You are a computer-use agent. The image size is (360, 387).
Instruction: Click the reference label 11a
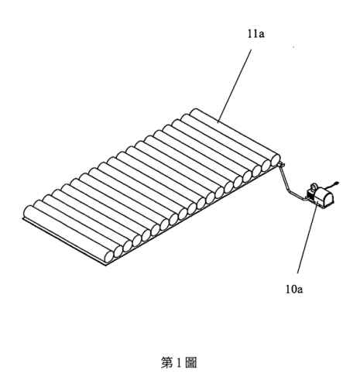pos(256,35)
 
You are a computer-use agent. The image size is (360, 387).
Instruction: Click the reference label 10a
pos(294,289)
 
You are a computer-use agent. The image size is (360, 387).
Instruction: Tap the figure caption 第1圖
pos(179,362)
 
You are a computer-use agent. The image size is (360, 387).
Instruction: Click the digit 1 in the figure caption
pos(179,363)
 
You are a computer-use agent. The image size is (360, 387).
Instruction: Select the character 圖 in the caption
pos(190,362)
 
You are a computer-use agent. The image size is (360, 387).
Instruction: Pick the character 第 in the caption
pos(167,362)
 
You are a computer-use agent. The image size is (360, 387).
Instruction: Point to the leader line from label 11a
pos(235,87)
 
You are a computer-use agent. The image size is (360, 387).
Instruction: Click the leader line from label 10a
pos(307,238)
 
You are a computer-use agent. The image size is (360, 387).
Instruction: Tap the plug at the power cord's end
pos(337,183)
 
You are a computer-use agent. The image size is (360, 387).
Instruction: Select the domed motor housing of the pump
pos(324,197)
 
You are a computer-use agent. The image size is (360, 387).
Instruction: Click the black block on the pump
pos(310,194)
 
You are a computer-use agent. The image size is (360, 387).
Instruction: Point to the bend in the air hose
pos(289,190)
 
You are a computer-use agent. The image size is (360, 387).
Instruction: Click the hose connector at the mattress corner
pos(281,164)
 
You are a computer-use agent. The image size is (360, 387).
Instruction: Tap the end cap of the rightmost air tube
pos(276,160)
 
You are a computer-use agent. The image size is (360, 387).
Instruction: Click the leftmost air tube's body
pos(68,234)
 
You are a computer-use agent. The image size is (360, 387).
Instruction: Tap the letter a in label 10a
pos(300,290)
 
